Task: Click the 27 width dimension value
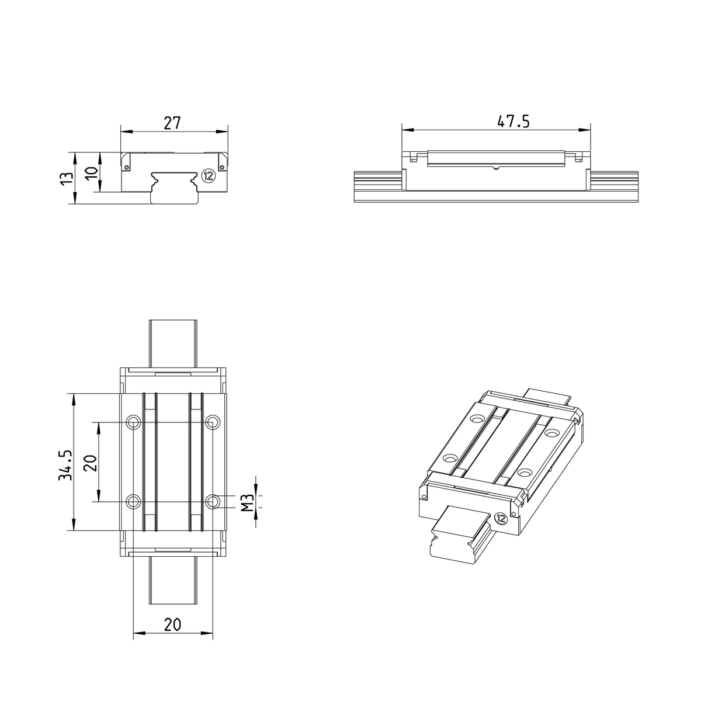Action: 172,123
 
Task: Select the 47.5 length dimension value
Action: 513,122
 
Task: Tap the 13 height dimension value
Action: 67,178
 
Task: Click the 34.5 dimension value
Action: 66,465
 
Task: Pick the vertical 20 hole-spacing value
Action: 91,463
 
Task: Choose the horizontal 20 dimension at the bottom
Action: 172,624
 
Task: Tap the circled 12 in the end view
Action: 209,176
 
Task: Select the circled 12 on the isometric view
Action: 501,518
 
